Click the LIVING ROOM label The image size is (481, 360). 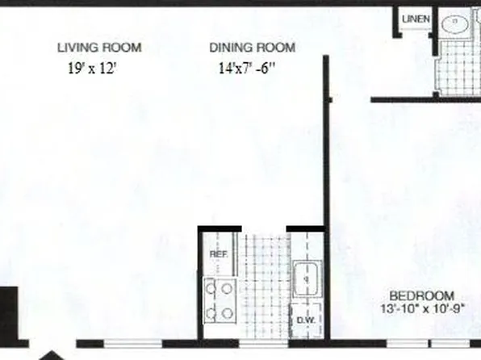click(100, 48)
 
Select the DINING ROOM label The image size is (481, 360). click(252, 48)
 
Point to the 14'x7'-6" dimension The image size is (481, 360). click(246, 69)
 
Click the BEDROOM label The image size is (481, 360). click(422, 295)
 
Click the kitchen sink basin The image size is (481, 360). click(306, 278)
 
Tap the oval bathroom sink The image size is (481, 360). click(457, 24)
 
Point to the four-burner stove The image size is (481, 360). click(220, 299)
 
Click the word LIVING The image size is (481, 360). click(76, 48)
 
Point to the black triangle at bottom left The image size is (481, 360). click(52, 355)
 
